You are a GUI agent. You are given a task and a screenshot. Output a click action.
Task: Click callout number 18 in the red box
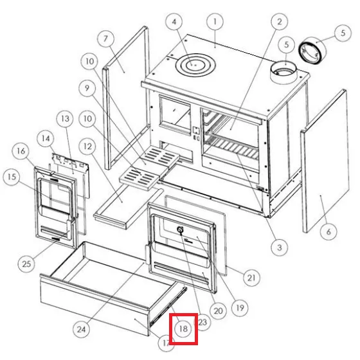[183, 328]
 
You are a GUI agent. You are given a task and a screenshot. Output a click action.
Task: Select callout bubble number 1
[215, 22]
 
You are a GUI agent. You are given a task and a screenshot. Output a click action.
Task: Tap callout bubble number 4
[174, 22]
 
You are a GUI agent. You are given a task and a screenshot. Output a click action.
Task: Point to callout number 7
[106, 39]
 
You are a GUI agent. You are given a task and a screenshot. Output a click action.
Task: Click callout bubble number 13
[66, 119]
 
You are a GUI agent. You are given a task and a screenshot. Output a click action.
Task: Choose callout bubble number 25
[26, 264]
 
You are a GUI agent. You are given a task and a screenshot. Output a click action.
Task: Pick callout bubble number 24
[81, 329]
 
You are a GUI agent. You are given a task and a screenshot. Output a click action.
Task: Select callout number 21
[251, 278]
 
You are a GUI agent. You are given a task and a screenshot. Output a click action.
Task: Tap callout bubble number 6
[328, 231]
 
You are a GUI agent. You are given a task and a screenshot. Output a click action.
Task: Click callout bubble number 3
[279, 248]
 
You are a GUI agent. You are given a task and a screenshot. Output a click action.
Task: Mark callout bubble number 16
[21, 151]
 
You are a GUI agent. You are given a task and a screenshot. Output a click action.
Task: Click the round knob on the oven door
[180, 229]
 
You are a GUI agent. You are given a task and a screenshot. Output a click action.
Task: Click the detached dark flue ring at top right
[312, 51]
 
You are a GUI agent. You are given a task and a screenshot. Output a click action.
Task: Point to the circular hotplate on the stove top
[195, 65]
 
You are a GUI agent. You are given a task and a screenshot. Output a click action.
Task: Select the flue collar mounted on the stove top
[283, 72]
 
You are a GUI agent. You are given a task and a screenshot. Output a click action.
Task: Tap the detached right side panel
[325, 161]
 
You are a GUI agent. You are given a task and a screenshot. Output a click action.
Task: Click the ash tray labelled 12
[128, 206]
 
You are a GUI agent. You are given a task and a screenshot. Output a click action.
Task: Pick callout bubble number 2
[279, 22]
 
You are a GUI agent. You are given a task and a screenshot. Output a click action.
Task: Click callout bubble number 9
[87, 88]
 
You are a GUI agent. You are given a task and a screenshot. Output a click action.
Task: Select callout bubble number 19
[240, 308]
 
